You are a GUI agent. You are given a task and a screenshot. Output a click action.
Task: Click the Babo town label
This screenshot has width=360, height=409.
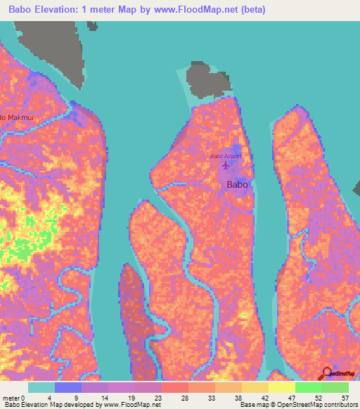pyautogui.click(x=238, y=185)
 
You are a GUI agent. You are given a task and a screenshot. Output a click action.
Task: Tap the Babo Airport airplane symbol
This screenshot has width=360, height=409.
pyautogui.click(x=225, y=166)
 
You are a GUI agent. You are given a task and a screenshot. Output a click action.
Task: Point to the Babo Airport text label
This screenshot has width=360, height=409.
pyautogui.click(x=226, y=155)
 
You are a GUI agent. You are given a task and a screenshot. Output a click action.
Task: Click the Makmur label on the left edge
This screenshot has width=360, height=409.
pyautogui.click(x=17, y=117)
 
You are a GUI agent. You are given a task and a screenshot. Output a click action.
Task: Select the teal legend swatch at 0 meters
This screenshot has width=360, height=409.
pyautogui.click(x=41, y=387)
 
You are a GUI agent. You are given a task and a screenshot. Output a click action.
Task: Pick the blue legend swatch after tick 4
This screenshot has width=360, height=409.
pyautogui.click(x=67, y=387)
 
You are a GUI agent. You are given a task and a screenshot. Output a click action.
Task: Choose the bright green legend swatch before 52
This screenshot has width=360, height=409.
pyautogui.click(x=308, y=387)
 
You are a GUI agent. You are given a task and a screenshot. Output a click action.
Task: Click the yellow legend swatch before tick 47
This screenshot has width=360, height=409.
pyautogui.click(x=281, y=387)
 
